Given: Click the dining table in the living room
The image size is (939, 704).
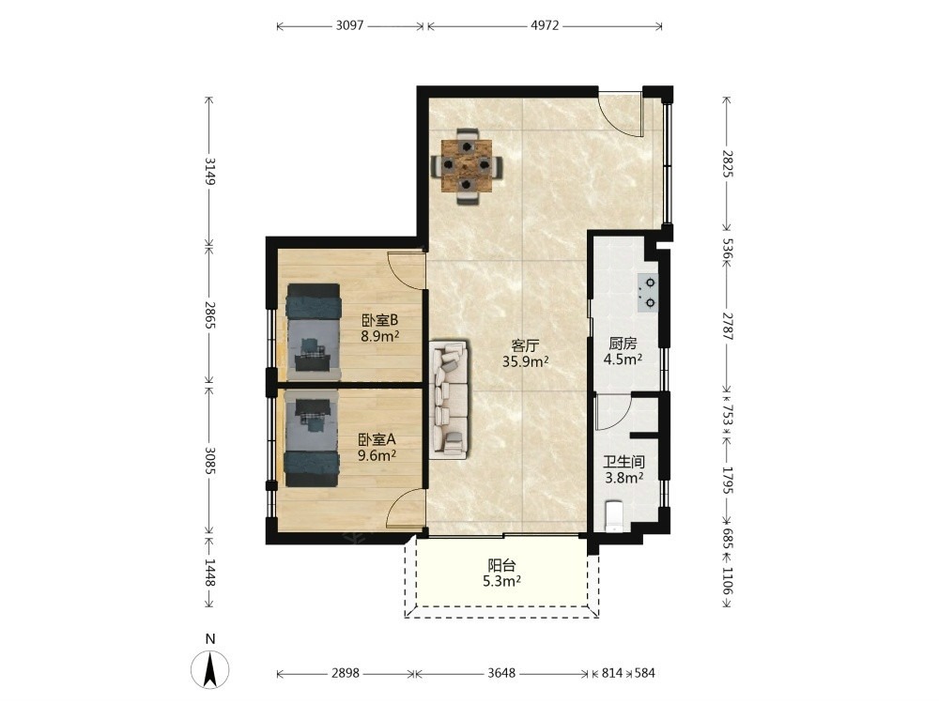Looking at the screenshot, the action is pos(467,166).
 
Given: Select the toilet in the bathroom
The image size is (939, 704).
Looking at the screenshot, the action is pos(615,517).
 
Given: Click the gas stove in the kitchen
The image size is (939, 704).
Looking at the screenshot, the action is pos(648,293).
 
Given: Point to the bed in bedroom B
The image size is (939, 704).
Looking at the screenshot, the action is pos(314,332).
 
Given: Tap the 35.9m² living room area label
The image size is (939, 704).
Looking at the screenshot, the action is pos(526,361).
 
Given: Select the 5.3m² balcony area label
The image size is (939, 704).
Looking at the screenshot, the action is pos(501,581).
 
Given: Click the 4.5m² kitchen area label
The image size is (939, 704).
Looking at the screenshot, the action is pos(623,360).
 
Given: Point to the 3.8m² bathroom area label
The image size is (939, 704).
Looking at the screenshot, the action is pos(624,478).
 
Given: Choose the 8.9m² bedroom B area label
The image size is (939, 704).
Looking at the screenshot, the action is pos(379,336).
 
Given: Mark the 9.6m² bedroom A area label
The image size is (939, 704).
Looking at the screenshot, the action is pos(377,455).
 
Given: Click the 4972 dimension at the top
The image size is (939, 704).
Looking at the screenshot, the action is pos(545,25).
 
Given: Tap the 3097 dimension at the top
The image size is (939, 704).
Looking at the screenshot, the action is pos(349,25).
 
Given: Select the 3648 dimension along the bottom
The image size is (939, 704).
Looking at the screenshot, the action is pos(501,673).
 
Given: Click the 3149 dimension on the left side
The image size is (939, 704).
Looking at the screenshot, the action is pos(209,171).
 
